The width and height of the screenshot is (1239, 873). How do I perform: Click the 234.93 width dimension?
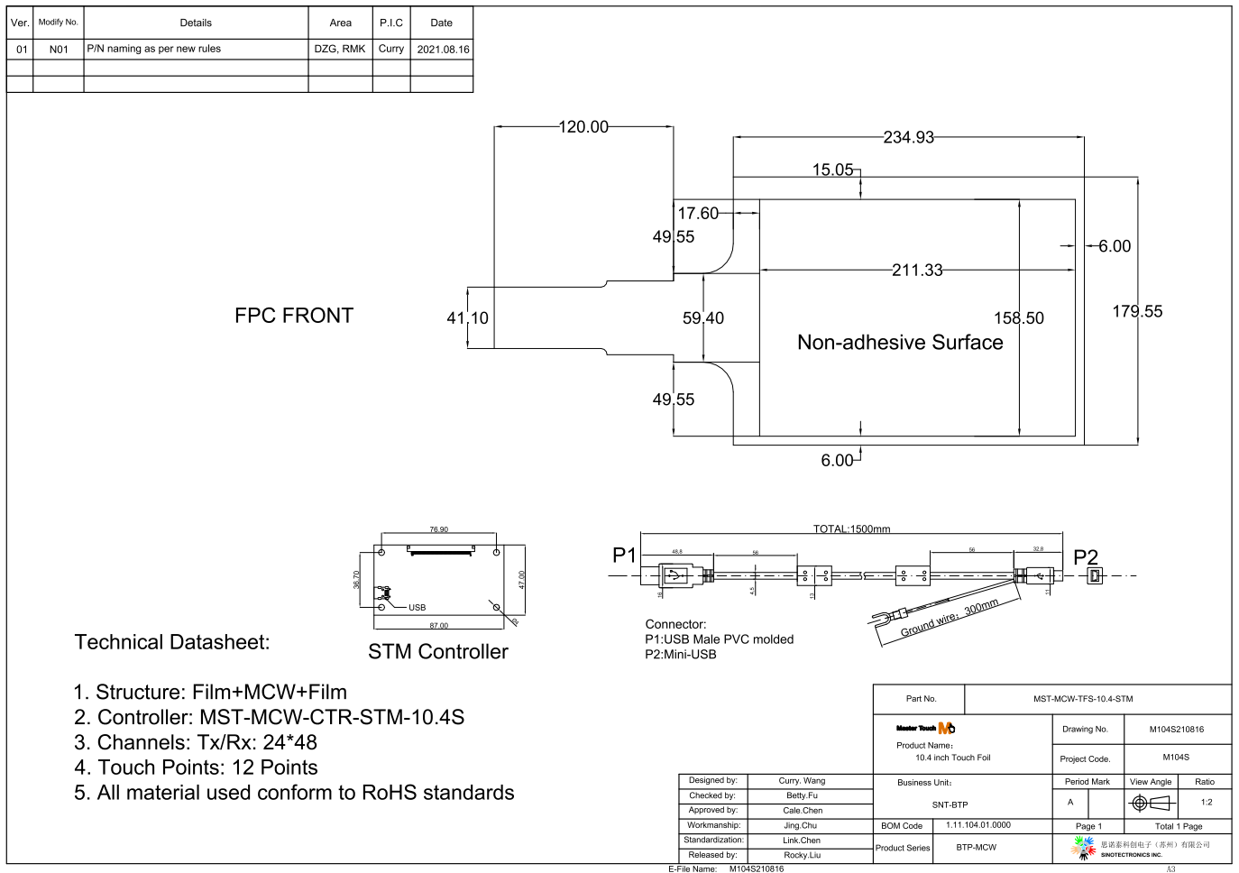coord(908,137)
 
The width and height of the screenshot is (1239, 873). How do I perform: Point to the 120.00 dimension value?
coord(583,127)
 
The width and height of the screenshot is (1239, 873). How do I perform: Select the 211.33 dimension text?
coord(917,270)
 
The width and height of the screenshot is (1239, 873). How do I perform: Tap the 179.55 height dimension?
coord(1137,311)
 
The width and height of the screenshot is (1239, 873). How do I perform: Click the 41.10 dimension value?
coord(467,317)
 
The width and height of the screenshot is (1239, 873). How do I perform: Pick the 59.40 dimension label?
coord(702,317)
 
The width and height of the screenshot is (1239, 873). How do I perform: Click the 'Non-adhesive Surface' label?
coord(900,343)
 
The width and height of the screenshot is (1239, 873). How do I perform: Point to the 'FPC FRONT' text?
coord(294,316)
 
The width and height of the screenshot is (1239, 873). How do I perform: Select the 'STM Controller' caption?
coord(437,651)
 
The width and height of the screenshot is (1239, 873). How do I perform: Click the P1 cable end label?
coord(624,555)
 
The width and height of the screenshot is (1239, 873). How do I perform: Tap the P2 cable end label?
coord(1086,557)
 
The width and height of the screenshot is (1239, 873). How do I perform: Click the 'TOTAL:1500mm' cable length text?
coord(851,529)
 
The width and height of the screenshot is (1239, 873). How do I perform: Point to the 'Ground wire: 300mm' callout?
coord(950,618)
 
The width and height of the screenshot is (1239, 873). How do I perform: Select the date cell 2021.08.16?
coord(443,50)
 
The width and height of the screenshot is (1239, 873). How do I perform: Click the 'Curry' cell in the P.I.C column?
coord(391,49)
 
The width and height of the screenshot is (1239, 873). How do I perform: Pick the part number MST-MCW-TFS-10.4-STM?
coord(1083,699)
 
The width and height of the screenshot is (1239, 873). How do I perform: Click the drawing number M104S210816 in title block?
coord(1176,730)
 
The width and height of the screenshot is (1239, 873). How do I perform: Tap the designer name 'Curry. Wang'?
coord(802,781)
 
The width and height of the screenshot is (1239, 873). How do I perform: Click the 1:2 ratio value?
coord(1207,802)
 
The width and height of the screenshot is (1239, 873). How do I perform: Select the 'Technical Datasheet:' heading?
coord(172,642)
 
